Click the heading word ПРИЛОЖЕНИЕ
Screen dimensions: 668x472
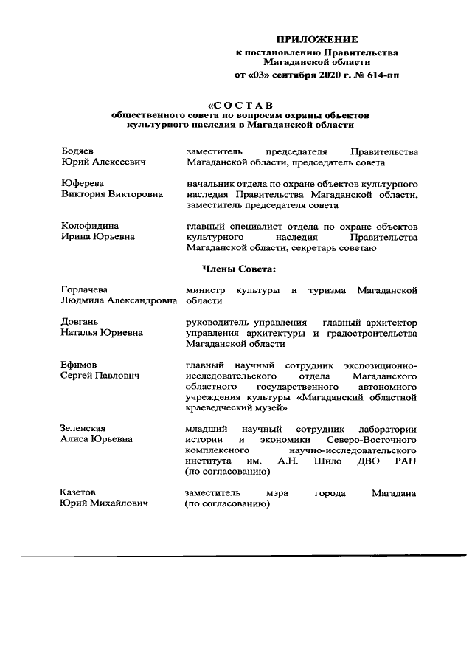point(316,38)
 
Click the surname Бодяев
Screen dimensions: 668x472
point(77,151)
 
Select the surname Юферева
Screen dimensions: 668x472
point(82,182)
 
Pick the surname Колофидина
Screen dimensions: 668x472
point(89,225)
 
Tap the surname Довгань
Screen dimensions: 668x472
point(80,322)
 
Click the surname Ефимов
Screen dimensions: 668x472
point(78,365)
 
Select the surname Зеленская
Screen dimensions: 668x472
point(83,428)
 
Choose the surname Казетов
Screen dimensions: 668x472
point(78,492)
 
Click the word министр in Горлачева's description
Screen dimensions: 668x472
point(206,290)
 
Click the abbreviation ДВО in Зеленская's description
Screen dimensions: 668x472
point(362,460)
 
